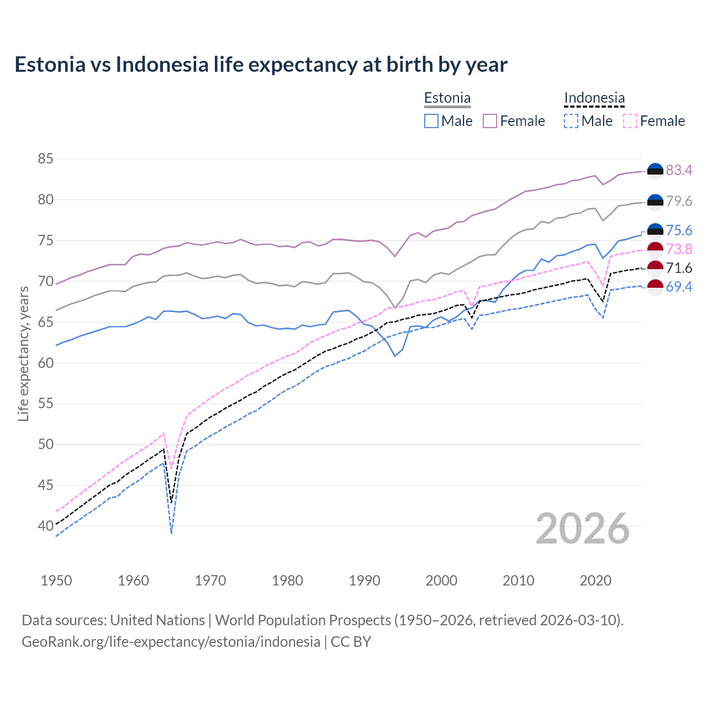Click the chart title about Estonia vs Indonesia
click(261, 65)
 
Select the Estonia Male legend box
click(431, 121)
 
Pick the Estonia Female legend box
click(490, 121)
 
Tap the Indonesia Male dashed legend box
click(571, 121)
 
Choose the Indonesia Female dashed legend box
click(630, 121)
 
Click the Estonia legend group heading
click(447, 98)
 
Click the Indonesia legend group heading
click(594, 98)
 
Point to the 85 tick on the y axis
click(45, 159)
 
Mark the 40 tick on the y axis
click(45, 526)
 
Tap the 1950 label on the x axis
click(56, 581)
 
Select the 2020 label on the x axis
click(595, 581)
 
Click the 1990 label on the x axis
click(365, 581)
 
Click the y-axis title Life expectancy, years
click(23, 353)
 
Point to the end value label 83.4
click(679, 171)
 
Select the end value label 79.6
click(679, 202)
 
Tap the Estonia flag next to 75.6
click(655, 231)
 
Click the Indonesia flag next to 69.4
click(655, 287)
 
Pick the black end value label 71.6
click(679, 268)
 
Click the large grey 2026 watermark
click(583, 529)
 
